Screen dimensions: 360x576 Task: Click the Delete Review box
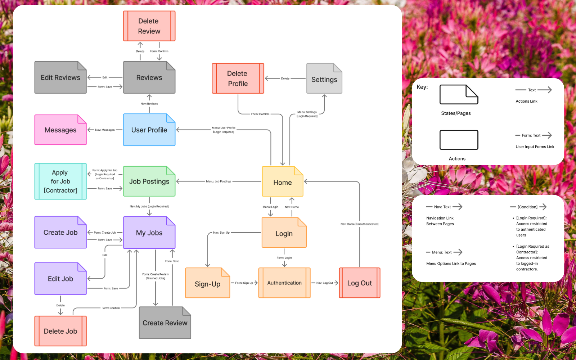tap(149, 26)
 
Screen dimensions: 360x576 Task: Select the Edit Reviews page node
tap(60, 77)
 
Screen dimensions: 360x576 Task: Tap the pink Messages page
tap(60, 130)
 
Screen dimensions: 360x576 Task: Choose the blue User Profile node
tap(149, 130)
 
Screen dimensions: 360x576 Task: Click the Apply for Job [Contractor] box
tap(60, 181)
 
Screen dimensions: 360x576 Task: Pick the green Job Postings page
tap(149, 181)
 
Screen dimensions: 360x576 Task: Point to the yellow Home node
tap(283, 182)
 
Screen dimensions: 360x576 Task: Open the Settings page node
tap(324, 79)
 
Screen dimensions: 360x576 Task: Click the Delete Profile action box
tap(238, 78)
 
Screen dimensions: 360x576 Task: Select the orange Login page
tap(284, 233)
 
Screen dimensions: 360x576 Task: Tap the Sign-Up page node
tap(207, 284)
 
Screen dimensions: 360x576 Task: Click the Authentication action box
tap(284, 283)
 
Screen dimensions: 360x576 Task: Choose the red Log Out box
tap(359, 283)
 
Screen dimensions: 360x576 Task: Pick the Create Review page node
tap(165, 323)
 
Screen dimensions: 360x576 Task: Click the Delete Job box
tap(60, 331)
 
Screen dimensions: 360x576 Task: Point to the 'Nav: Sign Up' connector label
tap(221, 233)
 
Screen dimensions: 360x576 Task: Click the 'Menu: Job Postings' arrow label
tap(219, 181)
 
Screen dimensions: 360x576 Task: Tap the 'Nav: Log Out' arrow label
tap(324, 283)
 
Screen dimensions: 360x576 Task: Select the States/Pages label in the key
tap(456, 113)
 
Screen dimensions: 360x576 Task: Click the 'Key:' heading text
tap(422, 87)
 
